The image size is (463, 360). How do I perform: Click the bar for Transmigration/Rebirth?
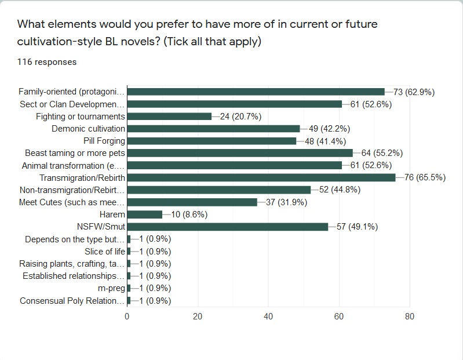tap(261, 177)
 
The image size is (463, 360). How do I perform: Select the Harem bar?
tap(144, 214)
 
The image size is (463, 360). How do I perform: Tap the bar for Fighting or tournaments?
tap(169, 116)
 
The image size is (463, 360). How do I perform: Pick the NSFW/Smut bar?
tap(227, 227)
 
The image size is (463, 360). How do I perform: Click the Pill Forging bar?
tap(212, 141)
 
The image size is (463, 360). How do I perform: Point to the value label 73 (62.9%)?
tap(414, 92)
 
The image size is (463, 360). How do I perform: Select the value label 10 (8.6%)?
tap(189, 214)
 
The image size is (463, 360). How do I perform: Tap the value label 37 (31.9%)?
tap(287, 202)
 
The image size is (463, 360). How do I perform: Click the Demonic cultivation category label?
tap(88, 129)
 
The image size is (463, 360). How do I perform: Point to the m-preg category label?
tap(112, 288)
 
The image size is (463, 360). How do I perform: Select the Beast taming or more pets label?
tap(75, 153)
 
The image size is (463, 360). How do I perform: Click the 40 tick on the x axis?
tap(268, 317)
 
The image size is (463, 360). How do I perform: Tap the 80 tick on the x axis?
tap(409, 317)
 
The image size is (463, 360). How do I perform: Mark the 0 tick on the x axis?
tap(127, 317)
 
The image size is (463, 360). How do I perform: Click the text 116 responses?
tap(46, 61)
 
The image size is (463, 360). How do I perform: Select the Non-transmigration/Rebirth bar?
tap(218, 190)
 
